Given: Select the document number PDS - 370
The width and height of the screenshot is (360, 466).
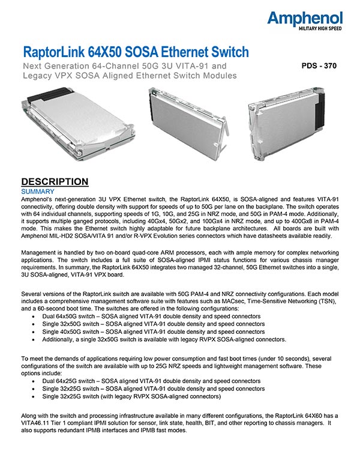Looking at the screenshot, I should point(319,67).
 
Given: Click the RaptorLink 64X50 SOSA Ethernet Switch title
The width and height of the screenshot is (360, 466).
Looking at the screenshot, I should point(135,52).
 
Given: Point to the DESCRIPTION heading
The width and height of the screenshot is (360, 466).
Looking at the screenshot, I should point(55,182).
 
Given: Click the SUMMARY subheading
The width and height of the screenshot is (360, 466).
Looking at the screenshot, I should point(38,191).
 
